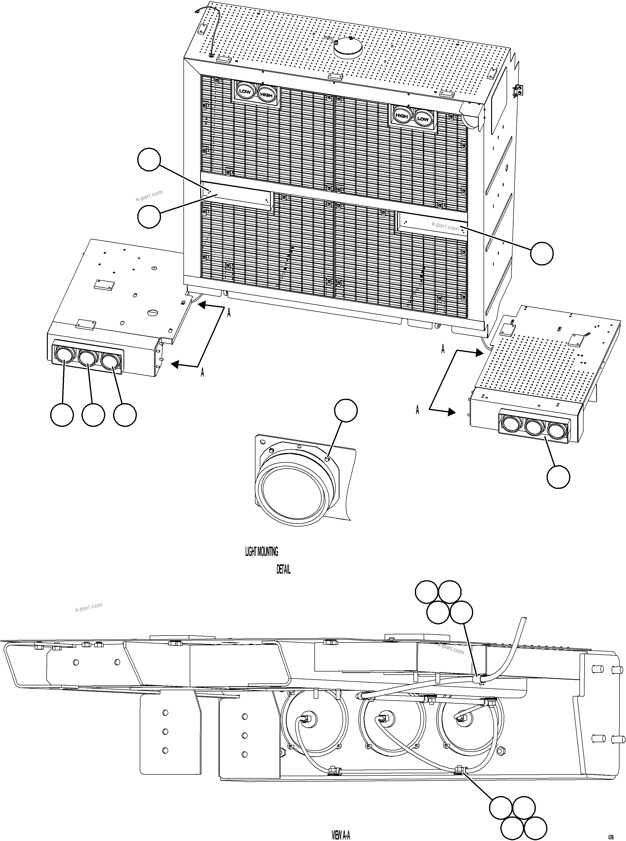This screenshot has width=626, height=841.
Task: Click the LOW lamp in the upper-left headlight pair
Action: coord(245,91)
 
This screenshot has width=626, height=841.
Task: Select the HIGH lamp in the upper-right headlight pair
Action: coord(402,116)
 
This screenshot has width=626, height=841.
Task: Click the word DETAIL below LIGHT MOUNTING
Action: coord(283,569)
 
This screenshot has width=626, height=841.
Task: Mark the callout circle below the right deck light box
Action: coord(558,477)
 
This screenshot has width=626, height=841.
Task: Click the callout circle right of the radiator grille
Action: coord(542,253)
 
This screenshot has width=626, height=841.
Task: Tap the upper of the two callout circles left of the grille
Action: coord(149,160)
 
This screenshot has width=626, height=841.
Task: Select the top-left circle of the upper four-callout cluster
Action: coord(427,592)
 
